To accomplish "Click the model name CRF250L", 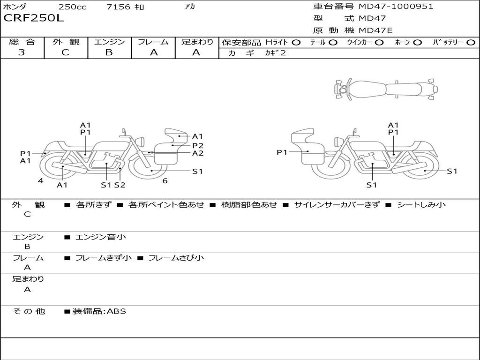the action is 34,18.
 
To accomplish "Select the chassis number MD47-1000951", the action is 396,7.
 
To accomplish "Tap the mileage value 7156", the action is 118,7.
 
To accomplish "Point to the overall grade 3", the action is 22,52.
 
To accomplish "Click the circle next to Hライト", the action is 296,43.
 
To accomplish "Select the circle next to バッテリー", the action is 471,43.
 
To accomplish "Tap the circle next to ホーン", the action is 418,43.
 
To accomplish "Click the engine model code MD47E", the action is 375,30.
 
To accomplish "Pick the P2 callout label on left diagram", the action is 198,145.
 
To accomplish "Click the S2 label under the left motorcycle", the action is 120,185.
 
